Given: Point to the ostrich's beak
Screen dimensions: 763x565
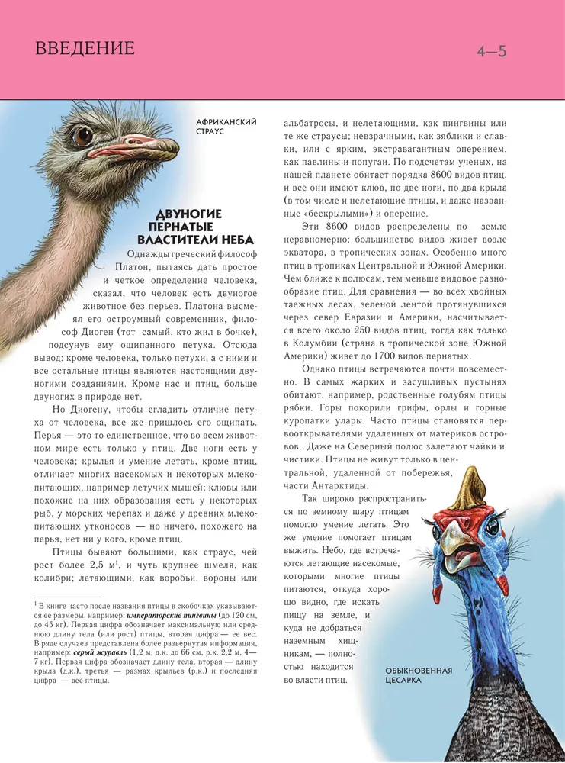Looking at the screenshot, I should point(137,143).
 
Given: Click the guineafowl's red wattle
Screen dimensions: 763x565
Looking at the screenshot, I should point(501,584).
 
